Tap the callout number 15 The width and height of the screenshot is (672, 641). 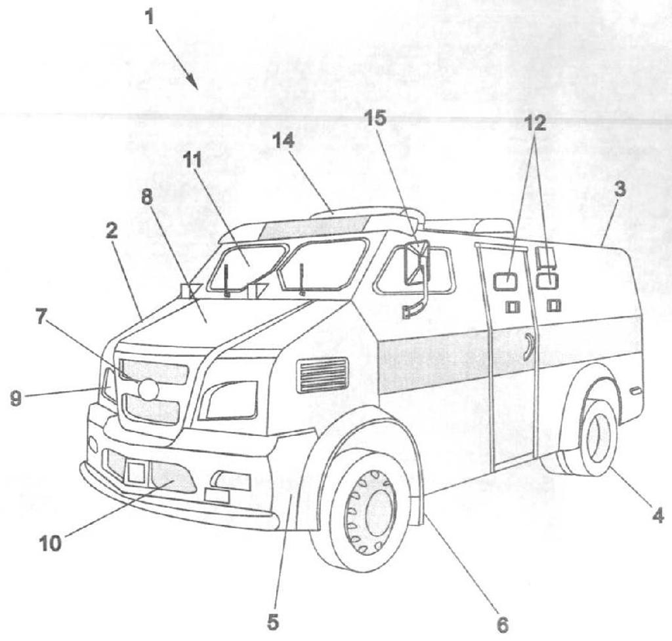375,118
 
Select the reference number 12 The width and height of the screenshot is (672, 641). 535,123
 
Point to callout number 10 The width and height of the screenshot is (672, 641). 50,544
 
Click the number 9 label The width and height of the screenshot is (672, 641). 16,398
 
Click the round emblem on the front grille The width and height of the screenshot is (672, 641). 149,389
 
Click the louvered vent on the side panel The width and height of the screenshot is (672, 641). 322,375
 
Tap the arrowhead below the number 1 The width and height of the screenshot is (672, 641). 193,82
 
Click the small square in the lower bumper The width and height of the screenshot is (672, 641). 136,473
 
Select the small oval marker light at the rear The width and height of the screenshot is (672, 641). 635,390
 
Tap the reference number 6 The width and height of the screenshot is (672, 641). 502,625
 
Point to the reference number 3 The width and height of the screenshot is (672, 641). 620,189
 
